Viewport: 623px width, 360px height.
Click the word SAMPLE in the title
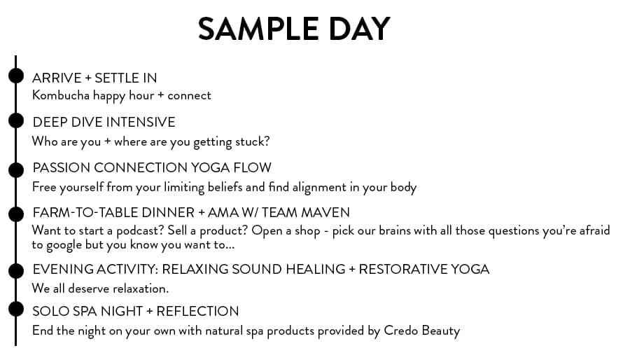[x=258, y=29]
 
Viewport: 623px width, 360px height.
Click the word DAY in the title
[x=359, y=29]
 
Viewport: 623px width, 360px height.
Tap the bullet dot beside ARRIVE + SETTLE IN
[x=16, y=76]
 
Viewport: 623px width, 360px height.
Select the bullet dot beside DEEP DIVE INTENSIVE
[x=16, y=120]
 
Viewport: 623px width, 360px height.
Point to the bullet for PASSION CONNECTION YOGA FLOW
[x=16, y=169]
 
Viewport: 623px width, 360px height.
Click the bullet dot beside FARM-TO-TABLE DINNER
[x=16, y=214]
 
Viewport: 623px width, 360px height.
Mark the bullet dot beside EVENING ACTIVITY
[x=16, y=270]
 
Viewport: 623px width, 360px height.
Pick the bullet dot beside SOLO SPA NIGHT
[x=16, y=309]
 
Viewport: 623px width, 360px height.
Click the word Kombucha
[x=61, y=95]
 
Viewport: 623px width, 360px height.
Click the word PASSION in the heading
[x=62, y=167]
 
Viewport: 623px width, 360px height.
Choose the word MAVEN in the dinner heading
[x=325, y=213]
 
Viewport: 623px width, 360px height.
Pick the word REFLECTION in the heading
[x=197, y=311]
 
